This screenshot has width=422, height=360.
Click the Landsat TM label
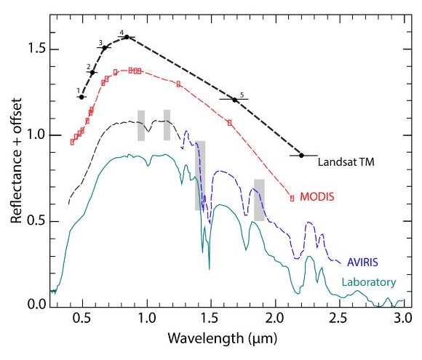pos(346,162)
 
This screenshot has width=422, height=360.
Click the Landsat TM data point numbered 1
pos(81,97)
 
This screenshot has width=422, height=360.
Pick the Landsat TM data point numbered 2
pos(92,73)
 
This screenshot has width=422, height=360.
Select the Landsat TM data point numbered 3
pos(105,48)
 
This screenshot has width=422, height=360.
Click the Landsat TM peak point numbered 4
pos(127,37)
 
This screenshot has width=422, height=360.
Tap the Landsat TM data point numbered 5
pos(234,100)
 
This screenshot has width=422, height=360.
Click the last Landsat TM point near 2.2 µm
pos(301,155)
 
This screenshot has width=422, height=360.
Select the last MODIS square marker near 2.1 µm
pos(292,198)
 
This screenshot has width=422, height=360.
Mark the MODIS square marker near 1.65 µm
pos(229,123)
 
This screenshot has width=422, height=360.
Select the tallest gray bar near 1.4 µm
pos(200,175)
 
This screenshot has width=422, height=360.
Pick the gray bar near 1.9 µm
pos(259,199)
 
